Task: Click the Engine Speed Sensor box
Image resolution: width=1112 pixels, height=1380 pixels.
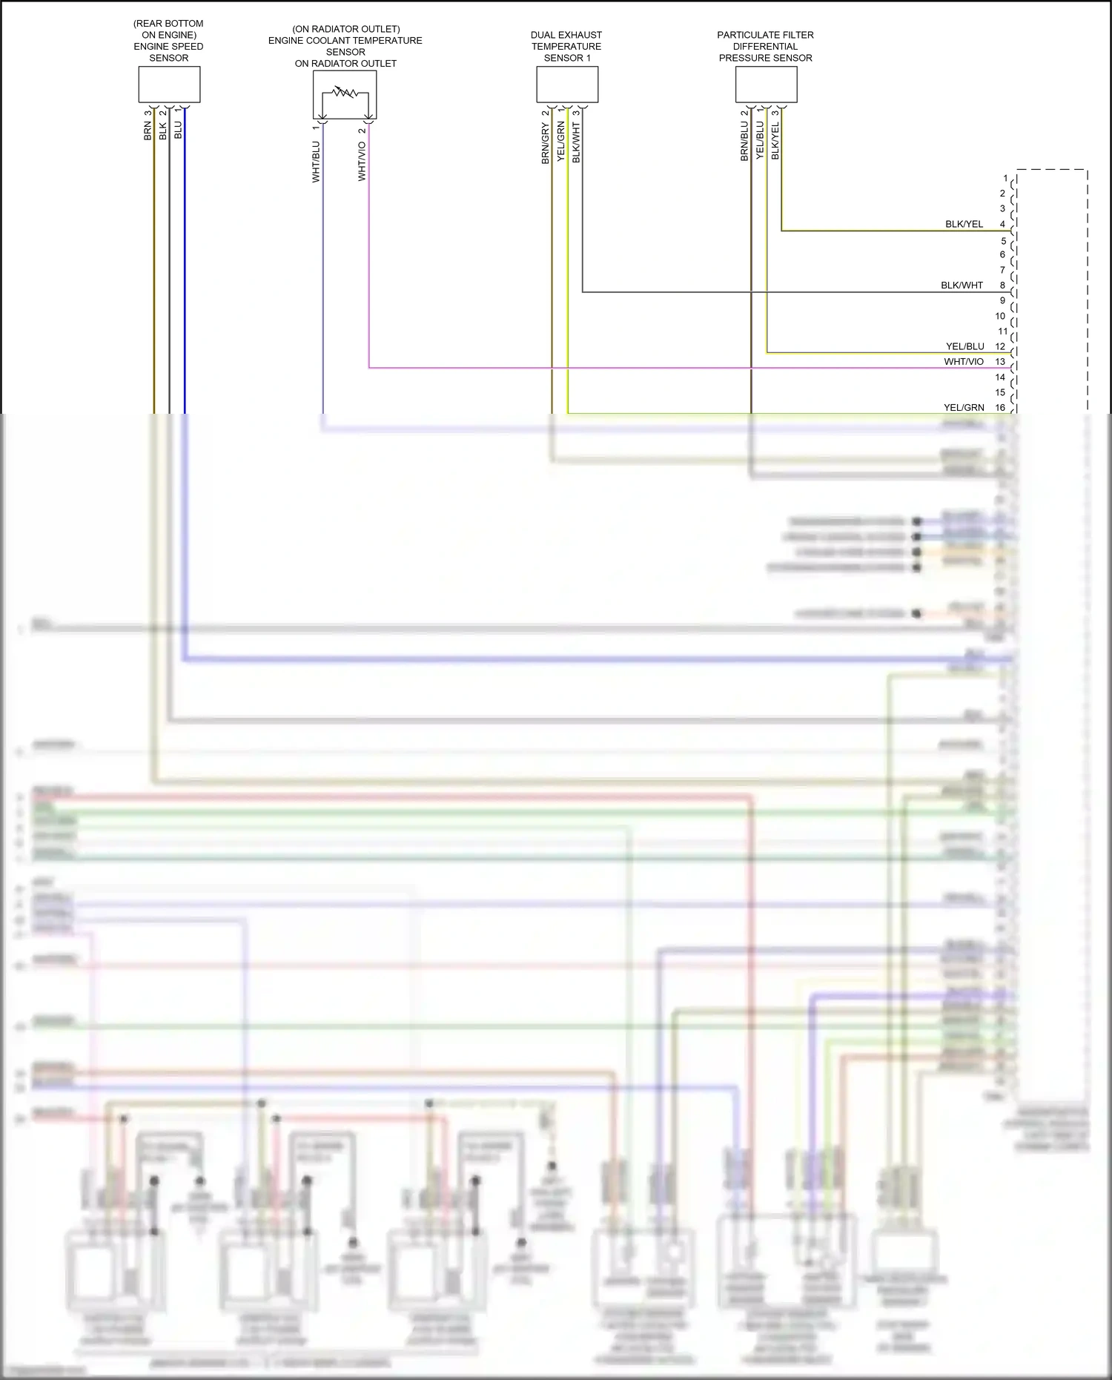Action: coord(169,85)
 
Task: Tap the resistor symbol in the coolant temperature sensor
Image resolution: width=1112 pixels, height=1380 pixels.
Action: coord(345,93)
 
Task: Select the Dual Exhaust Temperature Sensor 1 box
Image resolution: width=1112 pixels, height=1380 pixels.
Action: coord(567,85)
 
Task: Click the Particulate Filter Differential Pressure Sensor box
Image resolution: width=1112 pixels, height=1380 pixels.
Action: coord(766,85)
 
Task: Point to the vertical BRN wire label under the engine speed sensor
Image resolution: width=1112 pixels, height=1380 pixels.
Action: coord(148,131)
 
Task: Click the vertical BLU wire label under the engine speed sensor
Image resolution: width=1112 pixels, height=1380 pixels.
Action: coord(178,131)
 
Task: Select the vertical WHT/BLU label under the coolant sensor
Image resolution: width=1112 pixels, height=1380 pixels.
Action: coord(316,162)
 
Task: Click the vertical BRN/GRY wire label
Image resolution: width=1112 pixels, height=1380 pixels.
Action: coord(546,144)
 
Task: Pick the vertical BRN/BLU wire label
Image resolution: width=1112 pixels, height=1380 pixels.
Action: coord(744,142)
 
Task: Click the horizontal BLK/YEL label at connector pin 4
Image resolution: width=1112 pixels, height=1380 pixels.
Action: coord(964,224)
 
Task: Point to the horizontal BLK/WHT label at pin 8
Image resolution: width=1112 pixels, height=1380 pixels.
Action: coord(962,285)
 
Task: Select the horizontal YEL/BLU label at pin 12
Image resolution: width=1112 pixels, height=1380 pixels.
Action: coord(964,346)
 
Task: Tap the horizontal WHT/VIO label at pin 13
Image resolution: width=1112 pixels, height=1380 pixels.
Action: coord(964,362)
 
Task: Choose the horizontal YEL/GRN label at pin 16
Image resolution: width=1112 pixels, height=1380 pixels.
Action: coord(964,408)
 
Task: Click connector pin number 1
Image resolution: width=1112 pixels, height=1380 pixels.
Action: coord(1005,178)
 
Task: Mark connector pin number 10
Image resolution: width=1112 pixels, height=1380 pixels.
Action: coord(1000,316)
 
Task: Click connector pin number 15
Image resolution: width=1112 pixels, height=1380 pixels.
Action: coord(1000,392)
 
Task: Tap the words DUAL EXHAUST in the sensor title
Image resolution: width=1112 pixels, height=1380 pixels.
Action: coord(566,35)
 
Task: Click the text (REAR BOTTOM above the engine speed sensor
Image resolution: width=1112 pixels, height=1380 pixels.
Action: coord(168,24)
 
